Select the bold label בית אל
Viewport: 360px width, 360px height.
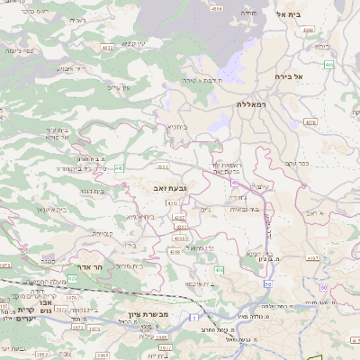pyautogui.click(x=292, y=15)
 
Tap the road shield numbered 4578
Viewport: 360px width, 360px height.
pyautogui.click(x=311, y=121)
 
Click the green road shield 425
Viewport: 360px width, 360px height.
pyautogui.click(x=219, y=270)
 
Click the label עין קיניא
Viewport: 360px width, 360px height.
pyautogui.click(x=132, y=43)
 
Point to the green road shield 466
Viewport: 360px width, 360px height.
pyautogui.click(x=328, y=65)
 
